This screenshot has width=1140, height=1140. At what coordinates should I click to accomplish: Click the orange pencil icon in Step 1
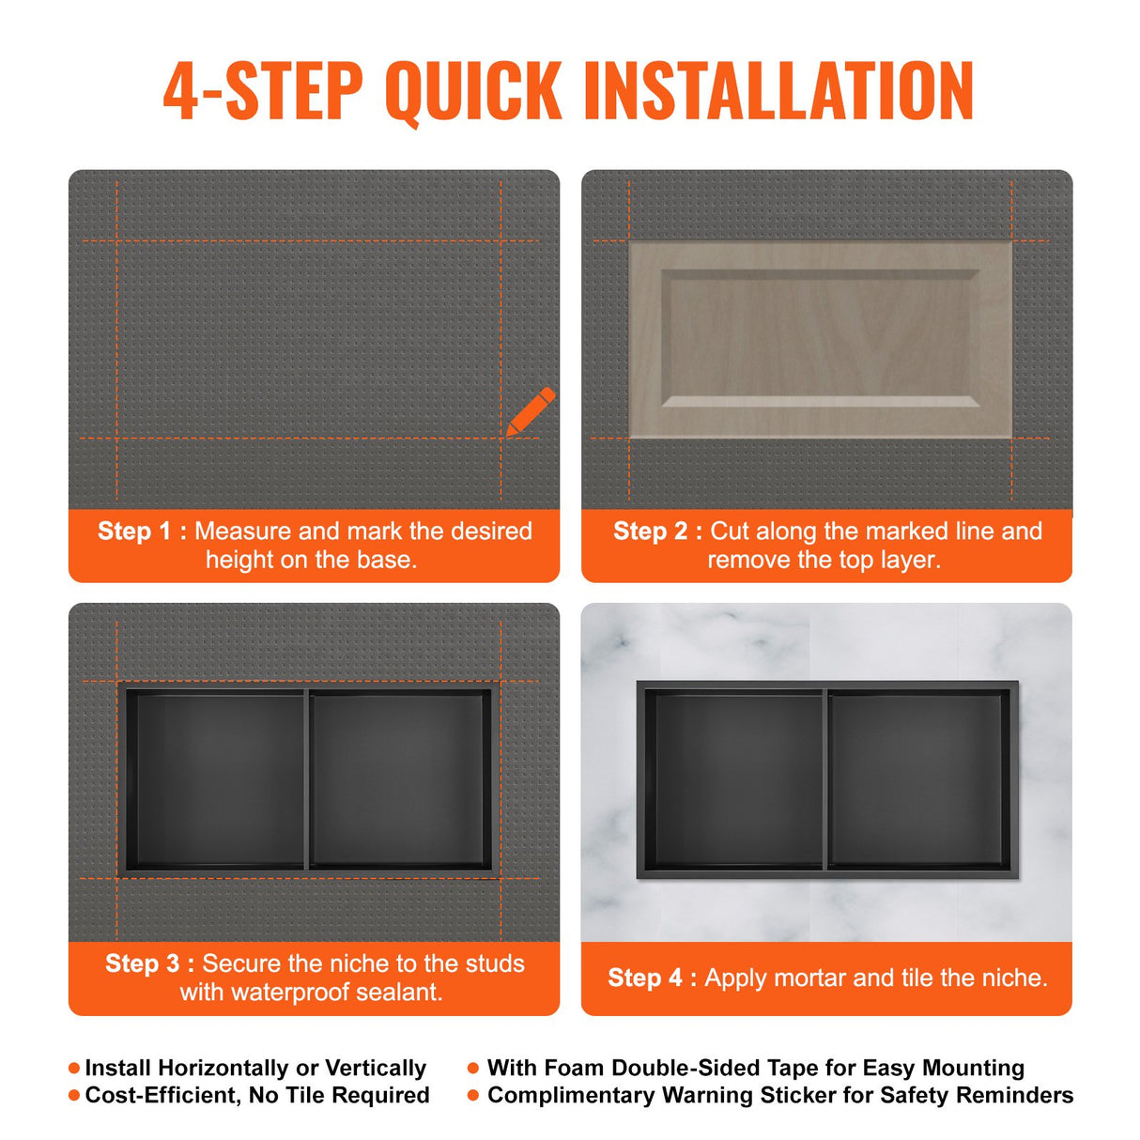click(531, 411)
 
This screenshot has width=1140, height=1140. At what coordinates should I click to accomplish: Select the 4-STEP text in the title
click(263, 91)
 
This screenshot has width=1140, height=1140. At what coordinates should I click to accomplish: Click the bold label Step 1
click(134, 531)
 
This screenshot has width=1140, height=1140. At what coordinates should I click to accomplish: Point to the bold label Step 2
click(650, 531)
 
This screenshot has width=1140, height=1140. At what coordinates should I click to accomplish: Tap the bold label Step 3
click(142, 963)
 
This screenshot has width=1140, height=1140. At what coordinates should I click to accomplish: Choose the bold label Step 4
click(644, 978)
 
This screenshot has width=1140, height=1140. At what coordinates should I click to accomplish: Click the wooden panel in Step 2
click(820, 340)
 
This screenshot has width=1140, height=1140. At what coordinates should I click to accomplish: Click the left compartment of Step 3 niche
click(215, 779)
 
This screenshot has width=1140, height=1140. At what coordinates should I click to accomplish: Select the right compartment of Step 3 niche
click(398, 779)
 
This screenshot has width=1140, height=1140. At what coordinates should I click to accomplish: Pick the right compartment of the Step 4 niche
click(918, 779)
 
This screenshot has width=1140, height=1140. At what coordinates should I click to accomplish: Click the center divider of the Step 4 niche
click(825, 779)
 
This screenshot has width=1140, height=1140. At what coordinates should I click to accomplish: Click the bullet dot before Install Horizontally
click(74, 1069)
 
